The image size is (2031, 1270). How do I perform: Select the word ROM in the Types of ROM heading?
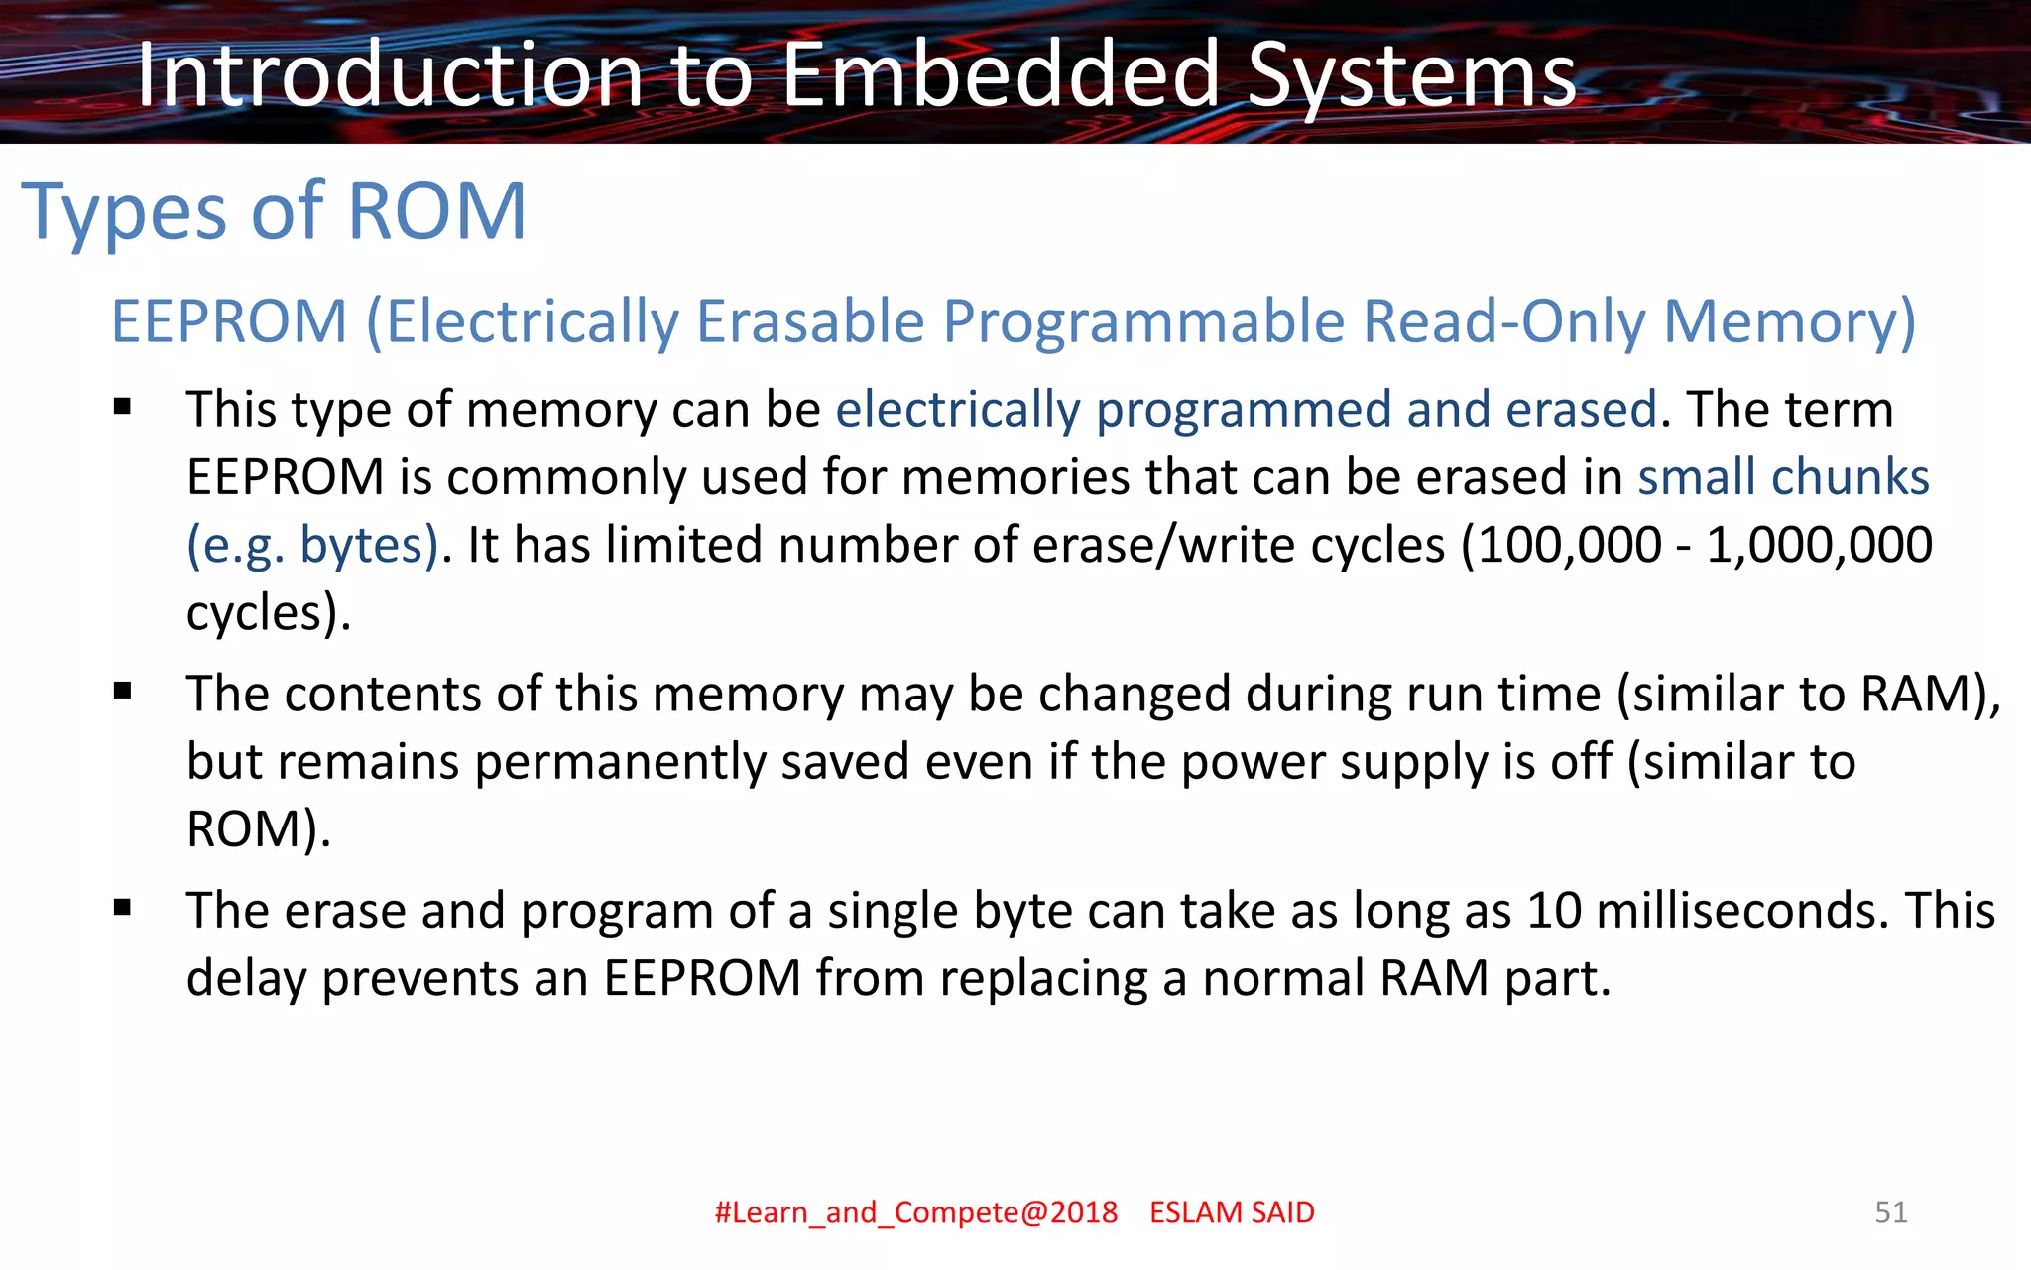coord(436,210)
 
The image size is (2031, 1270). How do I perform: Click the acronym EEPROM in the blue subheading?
coord(229,321)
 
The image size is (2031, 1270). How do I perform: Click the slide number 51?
coord(1890,1211)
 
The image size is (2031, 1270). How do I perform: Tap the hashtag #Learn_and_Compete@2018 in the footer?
coord(916,1212)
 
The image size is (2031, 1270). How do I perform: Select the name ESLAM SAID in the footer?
coord(1232,1212)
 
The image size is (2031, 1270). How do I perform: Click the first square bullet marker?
coord(123,407)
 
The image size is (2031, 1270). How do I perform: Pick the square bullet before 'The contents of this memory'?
coord(123,692)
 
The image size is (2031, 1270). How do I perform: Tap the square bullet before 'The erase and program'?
coord(123,908)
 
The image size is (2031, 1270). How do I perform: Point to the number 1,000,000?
coord(1819,545)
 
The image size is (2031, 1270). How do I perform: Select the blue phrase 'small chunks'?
coord(1783,477)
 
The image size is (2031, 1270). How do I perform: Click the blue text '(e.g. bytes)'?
coord(312,545)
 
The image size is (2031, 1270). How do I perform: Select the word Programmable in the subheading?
coord(1143,321)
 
